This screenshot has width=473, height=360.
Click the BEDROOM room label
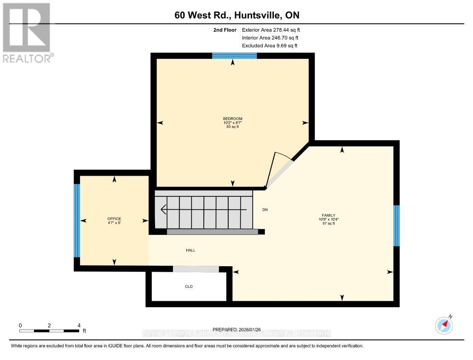click(232, 119)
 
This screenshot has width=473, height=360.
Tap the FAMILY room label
click(329, 215)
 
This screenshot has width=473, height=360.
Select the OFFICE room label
click(114, 218)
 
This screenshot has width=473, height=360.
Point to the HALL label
click(190, 250)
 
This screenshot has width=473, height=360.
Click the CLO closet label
click(189, 286)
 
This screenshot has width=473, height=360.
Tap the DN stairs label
click(265, 210)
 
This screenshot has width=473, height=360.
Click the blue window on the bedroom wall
click(234, 56)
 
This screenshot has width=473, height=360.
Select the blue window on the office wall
click(77, 220)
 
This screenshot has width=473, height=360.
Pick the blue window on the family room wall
click(396, 225)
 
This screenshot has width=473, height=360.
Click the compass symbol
click(444, 325)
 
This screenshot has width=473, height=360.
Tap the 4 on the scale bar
click(79, 325)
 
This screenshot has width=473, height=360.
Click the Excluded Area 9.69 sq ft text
click(269, 46)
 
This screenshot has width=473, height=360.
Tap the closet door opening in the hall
click(196, 269)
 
